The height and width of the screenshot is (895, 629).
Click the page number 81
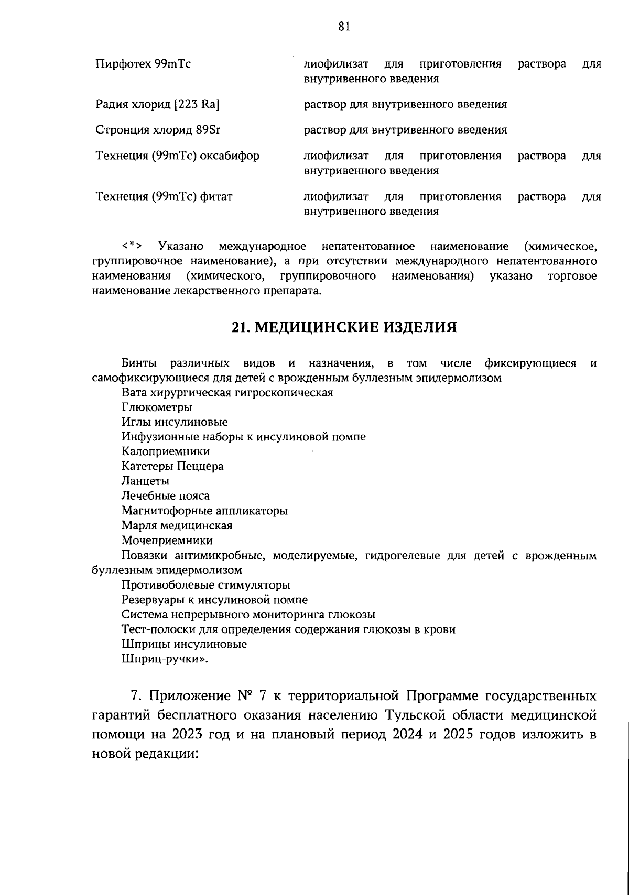(x=344, y=27)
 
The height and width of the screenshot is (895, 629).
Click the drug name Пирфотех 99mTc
(x=143, y=64)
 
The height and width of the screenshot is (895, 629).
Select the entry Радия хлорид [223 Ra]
(x=157, y=104)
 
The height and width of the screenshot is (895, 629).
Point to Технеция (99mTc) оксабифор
(x=177, y=156)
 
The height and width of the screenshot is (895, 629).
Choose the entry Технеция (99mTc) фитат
(x=164, y=197)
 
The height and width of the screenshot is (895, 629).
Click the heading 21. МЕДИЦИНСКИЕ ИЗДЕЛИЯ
(x=344, y=327)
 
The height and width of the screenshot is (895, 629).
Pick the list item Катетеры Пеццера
(x=172, y=466)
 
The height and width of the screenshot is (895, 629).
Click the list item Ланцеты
(x=145, y=481)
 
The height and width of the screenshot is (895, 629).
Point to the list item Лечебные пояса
(x=166, y=495)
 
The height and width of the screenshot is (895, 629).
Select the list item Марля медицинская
(x=177, y=525)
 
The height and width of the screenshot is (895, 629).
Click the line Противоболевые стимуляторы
(x=206, y=585)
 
